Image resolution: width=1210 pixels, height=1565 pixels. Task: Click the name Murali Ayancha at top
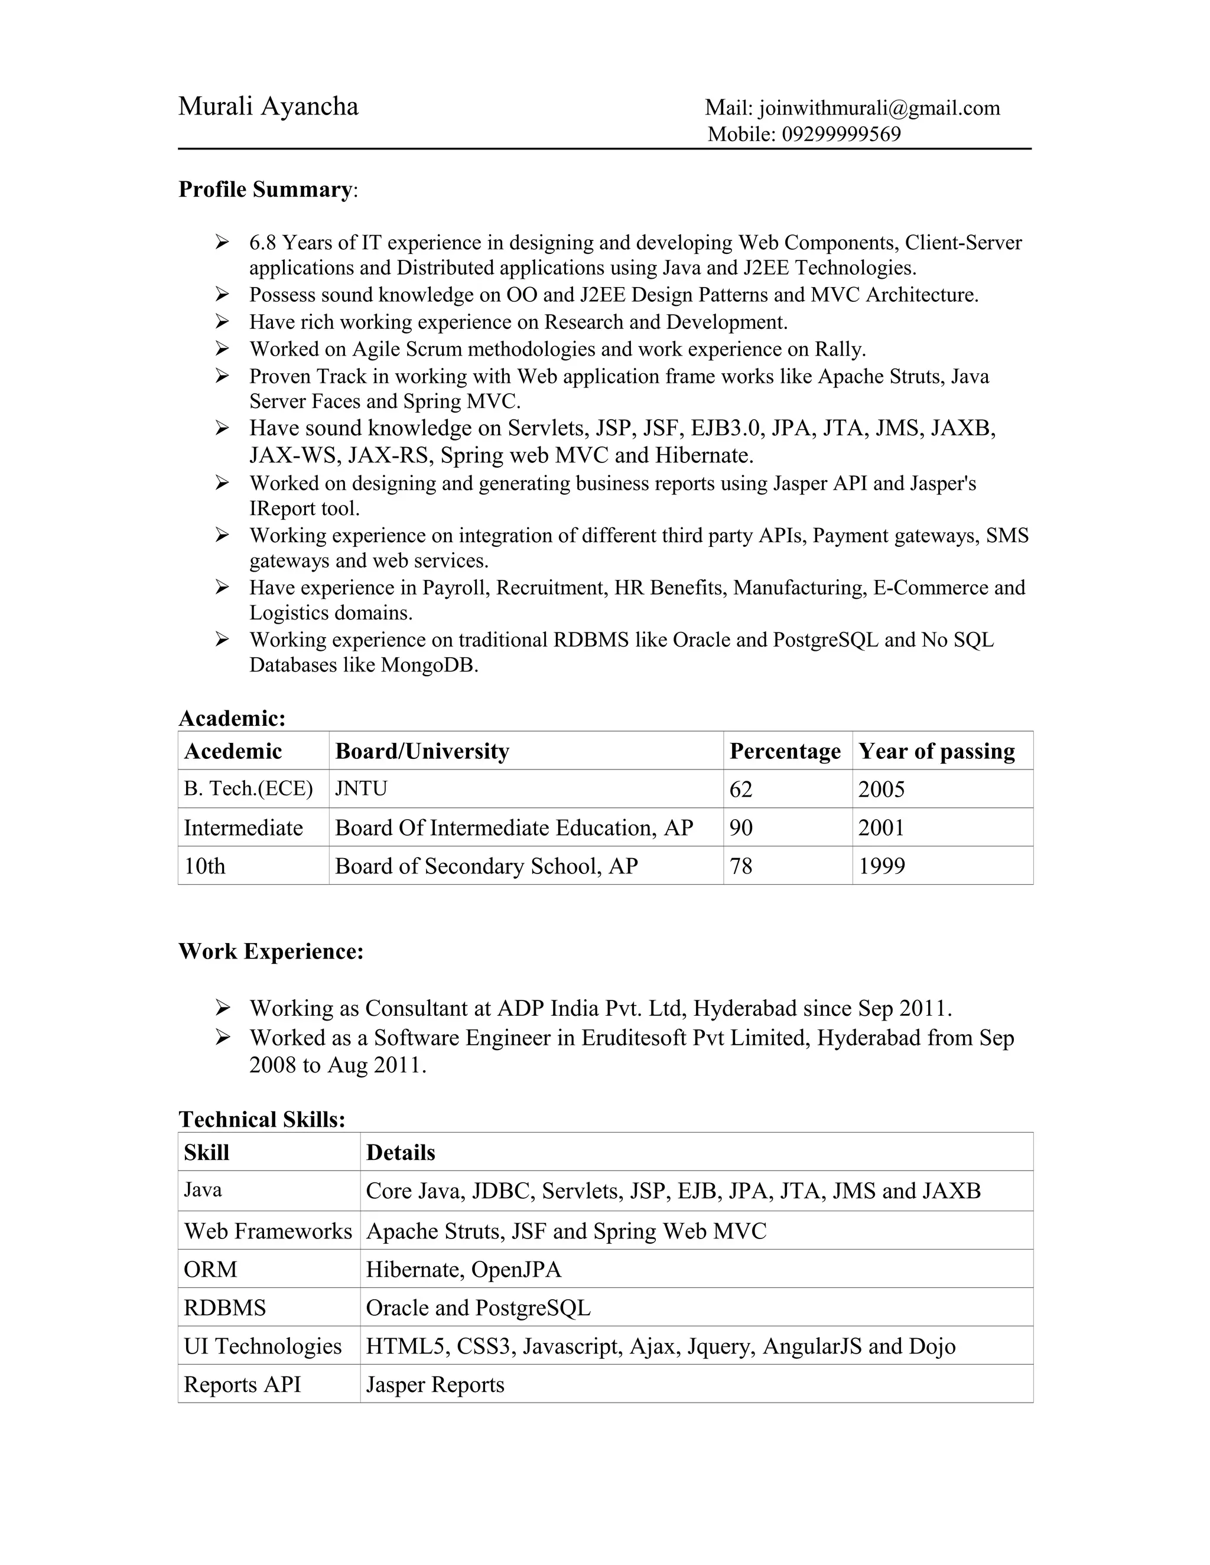[x=268, y=107]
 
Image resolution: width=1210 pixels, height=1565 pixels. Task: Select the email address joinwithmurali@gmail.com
[x=879, y=108]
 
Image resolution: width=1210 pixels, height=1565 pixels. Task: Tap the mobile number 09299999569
[x=841, y=135]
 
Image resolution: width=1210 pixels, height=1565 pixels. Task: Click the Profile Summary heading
[x=265, y=190]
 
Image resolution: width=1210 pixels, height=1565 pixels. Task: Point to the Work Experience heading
[x=271, y=951]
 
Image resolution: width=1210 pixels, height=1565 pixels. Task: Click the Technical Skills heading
[x=262, y=1119]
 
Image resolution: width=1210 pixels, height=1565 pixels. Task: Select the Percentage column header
[x=785, y=751]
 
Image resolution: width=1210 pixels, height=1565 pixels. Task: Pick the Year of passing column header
[x=937, y=751]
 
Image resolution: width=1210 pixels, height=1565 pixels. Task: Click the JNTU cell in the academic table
[x=361, y=789]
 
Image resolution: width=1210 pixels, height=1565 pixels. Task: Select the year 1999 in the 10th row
[x=882, y=866]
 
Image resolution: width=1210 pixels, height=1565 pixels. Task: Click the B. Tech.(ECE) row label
[x=248, y=789]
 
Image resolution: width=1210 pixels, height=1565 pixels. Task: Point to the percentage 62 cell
[x=741, y=790]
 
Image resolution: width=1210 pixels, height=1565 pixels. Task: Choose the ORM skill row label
[x=210, y=1270]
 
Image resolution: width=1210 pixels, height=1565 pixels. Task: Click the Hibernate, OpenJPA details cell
[x=464, y=1270]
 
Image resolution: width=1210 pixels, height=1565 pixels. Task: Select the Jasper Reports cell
[x=435, y=1385]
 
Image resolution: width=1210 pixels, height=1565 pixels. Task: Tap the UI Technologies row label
[x=262, y=1346]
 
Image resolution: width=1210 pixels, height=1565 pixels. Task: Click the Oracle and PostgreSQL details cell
[x=478, y=1308]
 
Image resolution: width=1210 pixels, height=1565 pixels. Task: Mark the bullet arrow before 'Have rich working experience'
[x=222, y=322]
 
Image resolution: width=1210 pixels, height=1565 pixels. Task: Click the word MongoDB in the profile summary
[x=429, y=666]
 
